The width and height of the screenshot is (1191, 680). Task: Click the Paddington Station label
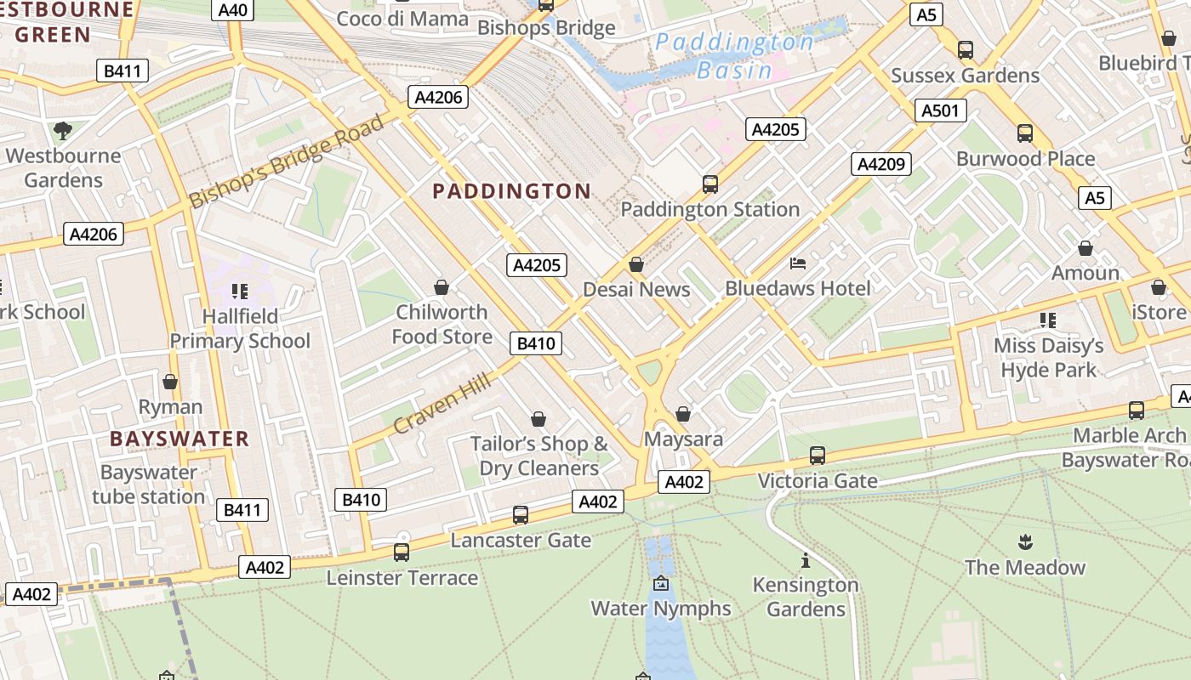coord(709,209)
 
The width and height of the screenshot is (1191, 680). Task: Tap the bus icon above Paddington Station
coord(709,184)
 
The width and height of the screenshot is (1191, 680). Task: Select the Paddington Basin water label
coord(734,56)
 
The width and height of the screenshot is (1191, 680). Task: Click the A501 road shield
coord(940,110)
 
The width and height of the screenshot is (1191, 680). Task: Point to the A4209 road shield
coord(881,164)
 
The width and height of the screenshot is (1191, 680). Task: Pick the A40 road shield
coord(233,10)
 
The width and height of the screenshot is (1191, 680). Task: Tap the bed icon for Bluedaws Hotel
coord(798,263)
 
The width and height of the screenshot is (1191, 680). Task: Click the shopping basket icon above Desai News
coord(635,264)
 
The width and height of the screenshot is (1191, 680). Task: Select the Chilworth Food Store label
coord(442,324)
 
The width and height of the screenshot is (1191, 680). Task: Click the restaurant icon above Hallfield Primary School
coord(239,292)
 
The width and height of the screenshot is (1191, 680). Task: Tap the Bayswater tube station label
coord(149,484)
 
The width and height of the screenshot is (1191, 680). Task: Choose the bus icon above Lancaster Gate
coord(521,515)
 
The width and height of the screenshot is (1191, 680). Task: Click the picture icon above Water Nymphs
coord(661,584)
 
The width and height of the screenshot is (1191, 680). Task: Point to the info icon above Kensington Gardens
coord(805,560)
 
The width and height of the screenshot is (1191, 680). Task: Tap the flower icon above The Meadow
coord(1024,541)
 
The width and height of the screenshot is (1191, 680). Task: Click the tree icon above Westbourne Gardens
coord(62,130)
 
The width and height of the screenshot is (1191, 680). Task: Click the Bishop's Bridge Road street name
coord(287,161)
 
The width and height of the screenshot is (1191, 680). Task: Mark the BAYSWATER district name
coord(180,439)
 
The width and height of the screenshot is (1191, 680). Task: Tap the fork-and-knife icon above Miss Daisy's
coord(1047,320)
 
